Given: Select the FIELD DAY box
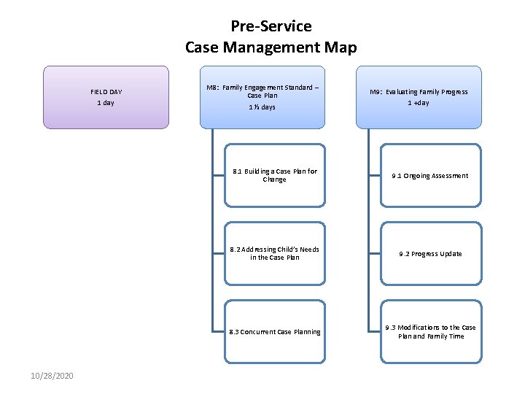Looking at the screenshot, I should click(x=106, y=97).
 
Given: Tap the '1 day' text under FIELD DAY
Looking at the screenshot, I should click(x=106, y=103).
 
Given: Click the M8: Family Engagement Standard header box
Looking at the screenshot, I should click(x=262, y=97).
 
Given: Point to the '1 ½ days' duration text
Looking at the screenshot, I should click(x=262, y=107).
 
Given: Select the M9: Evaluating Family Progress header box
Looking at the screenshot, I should click(x=419, y=97).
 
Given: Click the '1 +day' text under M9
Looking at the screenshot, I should click(x=419, y=103).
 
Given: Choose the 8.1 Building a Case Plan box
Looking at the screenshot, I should click(x=274, y=176).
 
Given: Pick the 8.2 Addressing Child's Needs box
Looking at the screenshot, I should click(x=274, y=253).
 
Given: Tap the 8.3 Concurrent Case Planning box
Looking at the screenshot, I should click(x=274, y=332).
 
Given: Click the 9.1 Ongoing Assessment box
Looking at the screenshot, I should click(x=430, y=176).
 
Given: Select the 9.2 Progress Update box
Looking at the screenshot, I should click(x=430, y=254).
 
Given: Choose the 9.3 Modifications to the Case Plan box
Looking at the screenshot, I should click(x=430, y=332).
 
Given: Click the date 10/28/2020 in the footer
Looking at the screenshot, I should click(x=52, y=375).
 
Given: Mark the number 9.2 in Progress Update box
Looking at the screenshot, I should click(x=404, y=254).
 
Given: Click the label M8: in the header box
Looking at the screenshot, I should click(x=213, y=88).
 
